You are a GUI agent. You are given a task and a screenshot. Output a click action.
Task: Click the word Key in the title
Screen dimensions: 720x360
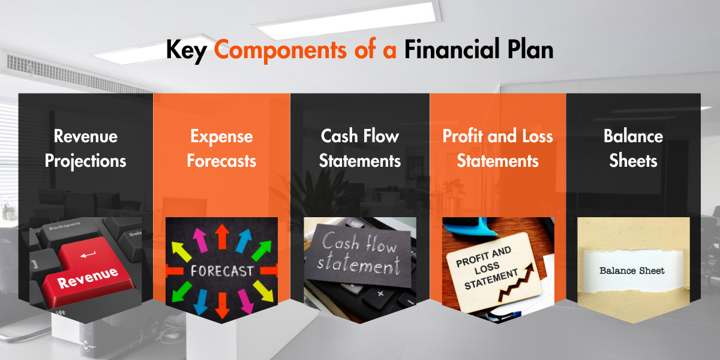coord(186,51)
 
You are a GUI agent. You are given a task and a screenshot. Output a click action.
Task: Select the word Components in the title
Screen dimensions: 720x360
coord(280,49)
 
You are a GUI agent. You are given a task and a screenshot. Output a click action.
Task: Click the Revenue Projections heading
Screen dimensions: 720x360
coord(85,149)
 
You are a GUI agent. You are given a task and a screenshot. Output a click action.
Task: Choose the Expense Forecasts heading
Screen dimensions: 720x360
coord(221,149)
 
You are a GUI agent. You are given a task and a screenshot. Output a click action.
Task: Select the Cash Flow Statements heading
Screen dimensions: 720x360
coord(360,149)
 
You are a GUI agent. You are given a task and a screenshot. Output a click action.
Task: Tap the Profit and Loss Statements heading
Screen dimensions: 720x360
coord(498,149)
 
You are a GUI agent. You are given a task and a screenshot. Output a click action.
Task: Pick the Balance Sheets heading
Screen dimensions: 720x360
coord(633,149)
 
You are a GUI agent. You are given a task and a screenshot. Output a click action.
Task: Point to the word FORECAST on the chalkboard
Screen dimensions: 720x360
coord(222,271)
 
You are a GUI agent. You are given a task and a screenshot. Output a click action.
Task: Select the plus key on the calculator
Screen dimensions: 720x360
coord(380,294)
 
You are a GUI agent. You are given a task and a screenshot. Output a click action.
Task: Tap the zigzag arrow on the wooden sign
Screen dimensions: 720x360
coord(516,283)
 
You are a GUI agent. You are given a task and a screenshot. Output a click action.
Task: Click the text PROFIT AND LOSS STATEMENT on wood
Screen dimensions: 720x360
coord(487,268)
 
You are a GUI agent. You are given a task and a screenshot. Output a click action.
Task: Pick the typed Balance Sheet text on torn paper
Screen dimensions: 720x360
coord(632,271)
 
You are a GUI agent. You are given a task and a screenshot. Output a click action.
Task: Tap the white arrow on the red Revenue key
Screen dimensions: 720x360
coord(88,255)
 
